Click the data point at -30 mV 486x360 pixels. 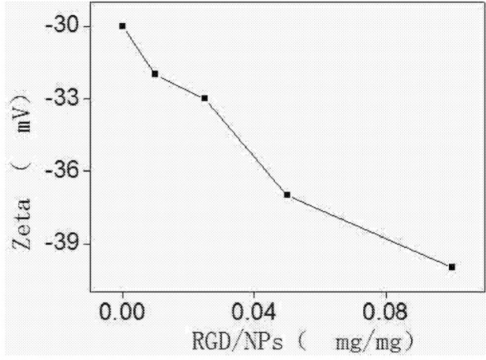[122, 26]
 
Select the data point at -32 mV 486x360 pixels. [155, 74]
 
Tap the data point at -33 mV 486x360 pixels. [205, 98]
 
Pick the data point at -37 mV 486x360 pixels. [288, 195]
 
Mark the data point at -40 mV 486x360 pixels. [452, 267]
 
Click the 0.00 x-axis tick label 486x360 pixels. [123, 313]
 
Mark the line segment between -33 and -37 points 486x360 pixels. [246, 147]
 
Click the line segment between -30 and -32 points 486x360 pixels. [139, 50]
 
